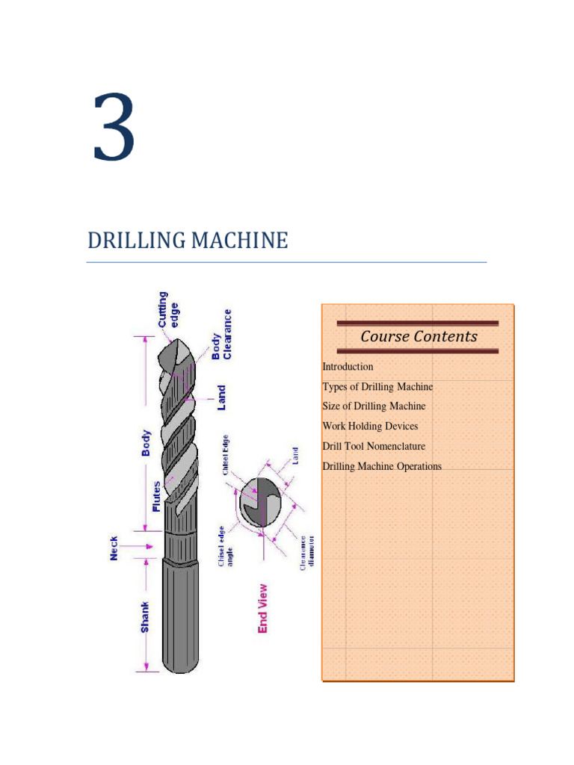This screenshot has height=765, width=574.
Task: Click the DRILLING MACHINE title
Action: (188, 241)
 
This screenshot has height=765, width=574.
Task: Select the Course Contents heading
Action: (419, 336)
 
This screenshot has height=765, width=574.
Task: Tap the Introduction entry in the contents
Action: (348, 367)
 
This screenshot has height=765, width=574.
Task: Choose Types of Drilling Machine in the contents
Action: (377, 387)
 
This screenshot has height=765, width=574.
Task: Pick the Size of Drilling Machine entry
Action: (374, 406)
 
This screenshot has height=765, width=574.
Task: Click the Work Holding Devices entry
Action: (370, 427)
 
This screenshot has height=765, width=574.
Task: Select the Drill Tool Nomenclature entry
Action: (374, 447)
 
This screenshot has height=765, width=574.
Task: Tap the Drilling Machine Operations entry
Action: (382, 467)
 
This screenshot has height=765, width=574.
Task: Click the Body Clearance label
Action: (222, 335)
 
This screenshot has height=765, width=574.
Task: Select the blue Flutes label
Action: (156, 496)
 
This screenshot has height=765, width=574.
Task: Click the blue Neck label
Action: (114, 548)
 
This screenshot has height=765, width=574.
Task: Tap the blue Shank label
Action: (145, 617)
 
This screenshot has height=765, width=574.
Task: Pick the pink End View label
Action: (262, 608)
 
